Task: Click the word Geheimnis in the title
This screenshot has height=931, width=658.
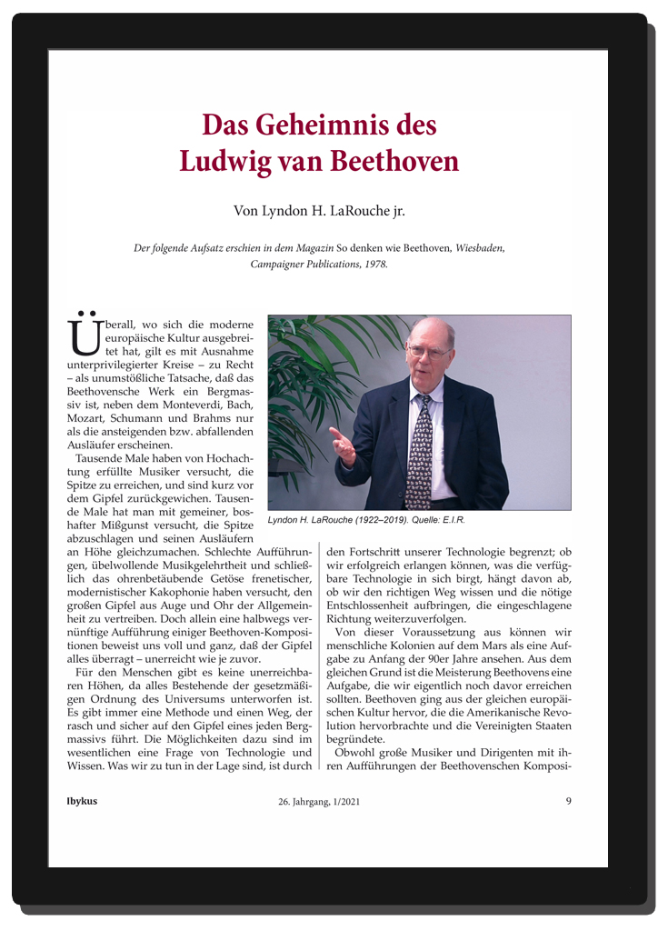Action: [327, 125]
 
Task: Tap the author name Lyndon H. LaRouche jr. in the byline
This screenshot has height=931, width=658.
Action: [319, 212]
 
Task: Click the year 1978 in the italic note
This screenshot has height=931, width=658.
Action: [372, 264]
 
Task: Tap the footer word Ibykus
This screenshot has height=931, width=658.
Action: [82, 802]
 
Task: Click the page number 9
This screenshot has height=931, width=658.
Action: [568, 802]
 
